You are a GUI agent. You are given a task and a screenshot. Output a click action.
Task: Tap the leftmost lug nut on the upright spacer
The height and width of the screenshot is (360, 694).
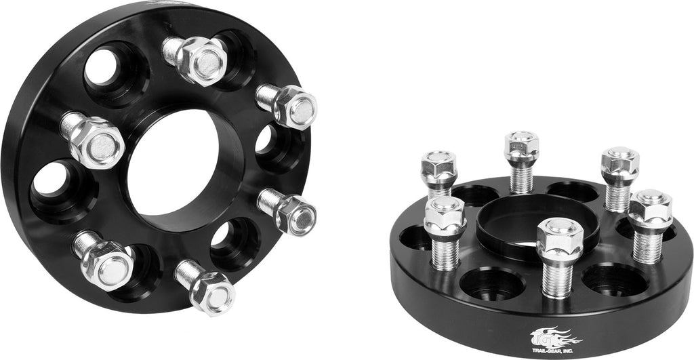95,140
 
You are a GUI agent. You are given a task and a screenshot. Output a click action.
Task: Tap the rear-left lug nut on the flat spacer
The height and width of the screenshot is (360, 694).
438,166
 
